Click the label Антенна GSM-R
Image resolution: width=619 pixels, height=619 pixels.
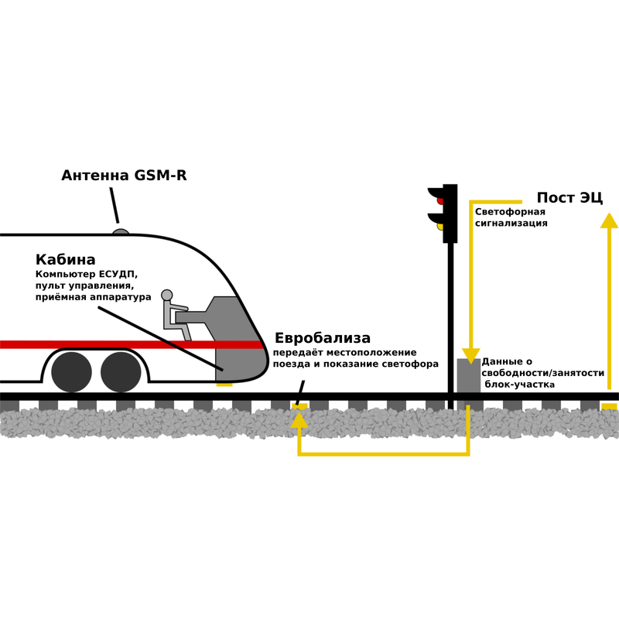124,176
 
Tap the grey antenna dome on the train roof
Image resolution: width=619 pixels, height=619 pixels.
121,231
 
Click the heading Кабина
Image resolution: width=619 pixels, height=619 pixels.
66,260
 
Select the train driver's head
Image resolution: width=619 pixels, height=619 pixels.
167,295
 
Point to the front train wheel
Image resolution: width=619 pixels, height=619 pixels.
121,372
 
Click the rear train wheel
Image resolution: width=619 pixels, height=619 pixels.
71,372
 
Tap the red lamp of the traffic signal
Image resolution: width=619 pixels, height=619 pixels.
440,200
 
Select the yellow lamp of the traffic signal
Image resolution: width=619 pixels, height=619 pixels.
440,227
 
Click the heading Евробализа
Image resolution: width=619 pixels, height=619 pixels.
323,338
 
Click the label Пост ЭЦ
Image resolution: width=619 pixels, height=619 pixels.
569,197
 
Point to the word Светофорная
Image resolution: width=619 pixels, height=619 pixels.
510,211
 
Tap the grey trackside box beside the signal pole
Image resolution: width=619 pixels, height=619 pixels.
469,376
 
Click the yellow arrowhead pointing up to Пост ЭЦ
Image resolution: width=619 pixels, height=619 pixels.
609,221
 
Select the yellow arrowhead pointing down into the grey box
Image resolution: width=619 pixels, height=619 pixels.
470,356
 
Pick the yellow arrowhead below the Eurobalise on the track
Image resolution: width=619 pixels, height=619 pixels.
299,420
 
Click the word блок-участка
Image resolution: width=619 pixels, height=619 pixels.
519,385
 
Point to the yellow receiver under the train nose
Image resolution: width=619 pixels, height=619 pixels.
224,384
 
